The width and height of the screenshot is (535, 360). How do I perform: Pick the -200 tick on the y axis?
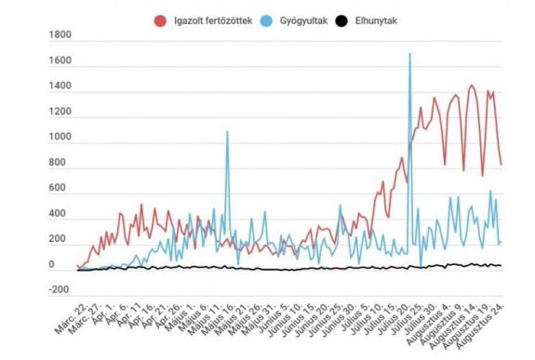click(x=57, y=290)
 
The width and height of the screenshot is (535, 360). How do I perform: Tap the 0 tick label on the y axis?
click(x=64, y=265)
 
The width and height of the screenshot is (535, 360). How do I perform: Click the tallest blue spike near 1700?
click(x=410, y=55)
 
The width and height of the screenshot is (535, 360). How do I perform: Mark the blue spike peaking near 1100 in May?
click(x=226, y=132)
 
